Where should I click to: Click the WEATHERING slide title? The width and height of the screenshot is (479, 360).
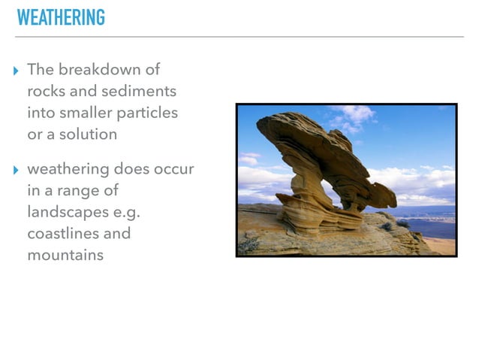pos(61,17)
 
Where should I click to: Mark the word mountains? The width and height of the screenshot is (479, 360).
pos(65,255)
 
